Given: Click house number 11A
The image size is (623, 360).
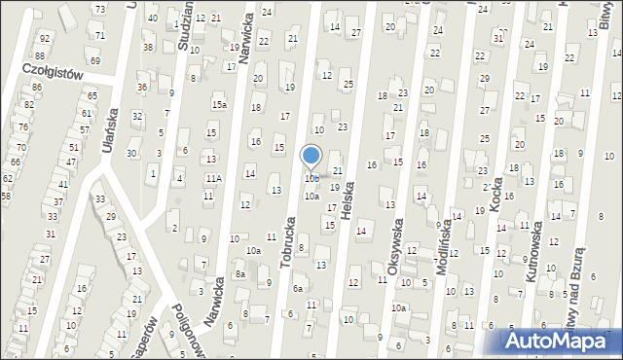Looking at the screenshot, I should [x=212, y=178].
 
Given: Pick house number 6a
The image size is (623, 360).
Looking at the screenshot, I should [x=298, y=288].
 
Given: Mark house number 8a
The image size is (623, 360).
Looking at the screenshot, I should [x=239, y=275].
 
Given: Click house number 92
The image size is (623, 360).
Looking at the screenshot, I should [x=44, y=38].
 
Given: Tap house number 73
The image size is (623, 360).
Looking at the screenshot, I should [x=99, y=9].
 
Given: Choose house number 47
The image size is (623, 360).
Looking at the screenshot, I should [x=71, y=162].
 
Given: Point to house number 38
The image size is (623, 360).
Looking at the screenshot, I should [x=148, y=47].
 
